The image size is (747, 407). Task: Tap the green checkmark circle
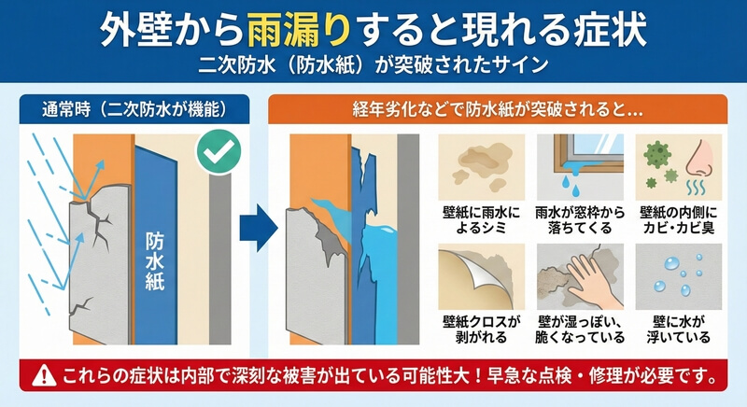click(218, 150)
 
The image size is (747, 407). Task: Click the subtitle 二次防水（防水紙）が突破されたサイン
click(373, 65)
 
